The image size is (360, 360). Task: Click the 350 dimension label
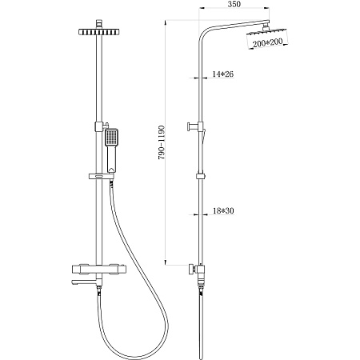(234, 4)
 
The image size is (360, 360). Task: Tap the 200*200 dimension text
(267, 42)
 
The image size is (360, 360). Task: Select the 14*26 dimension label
(223, 74)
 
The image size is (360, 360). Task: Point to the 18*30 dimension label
(223, 210)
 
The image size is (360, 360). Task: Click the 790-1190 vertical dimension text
(162, 142)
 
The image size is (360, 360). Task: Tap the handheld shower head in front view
(112, 150)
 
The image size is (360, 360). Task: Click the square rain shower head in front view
(99, 32)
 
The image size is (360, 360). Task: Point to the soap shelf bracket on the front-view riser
(102, 176)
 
